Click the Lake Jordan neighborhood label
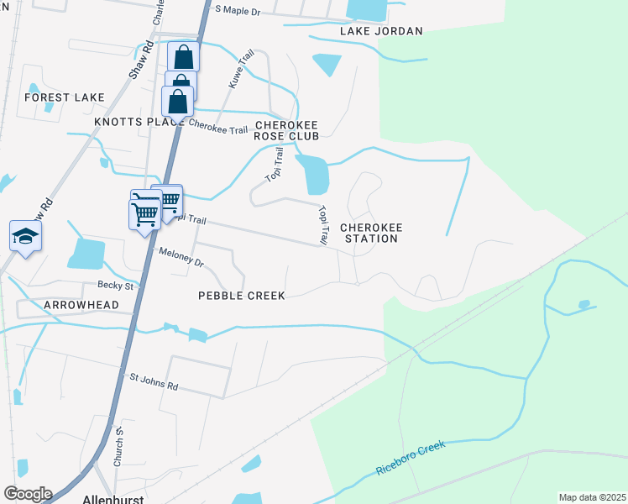point(380,31)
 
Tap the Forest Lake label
point(65,97)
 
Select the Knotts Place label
point(139,122)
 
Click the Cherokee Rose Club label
point(293,129)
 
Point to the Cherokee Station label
point(369,233)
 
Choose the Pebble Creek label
point(241,296)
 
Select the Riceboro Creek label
point(411,459)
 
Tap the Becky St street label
point(115,286)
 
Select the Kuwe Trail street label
point(241,70)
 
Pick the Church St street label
point(118,447)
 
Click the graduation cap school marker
point(25,236)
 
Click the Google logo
point(28,494)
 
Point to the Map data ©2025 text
point(591,497)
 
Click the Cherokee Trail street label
point(218,127)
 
